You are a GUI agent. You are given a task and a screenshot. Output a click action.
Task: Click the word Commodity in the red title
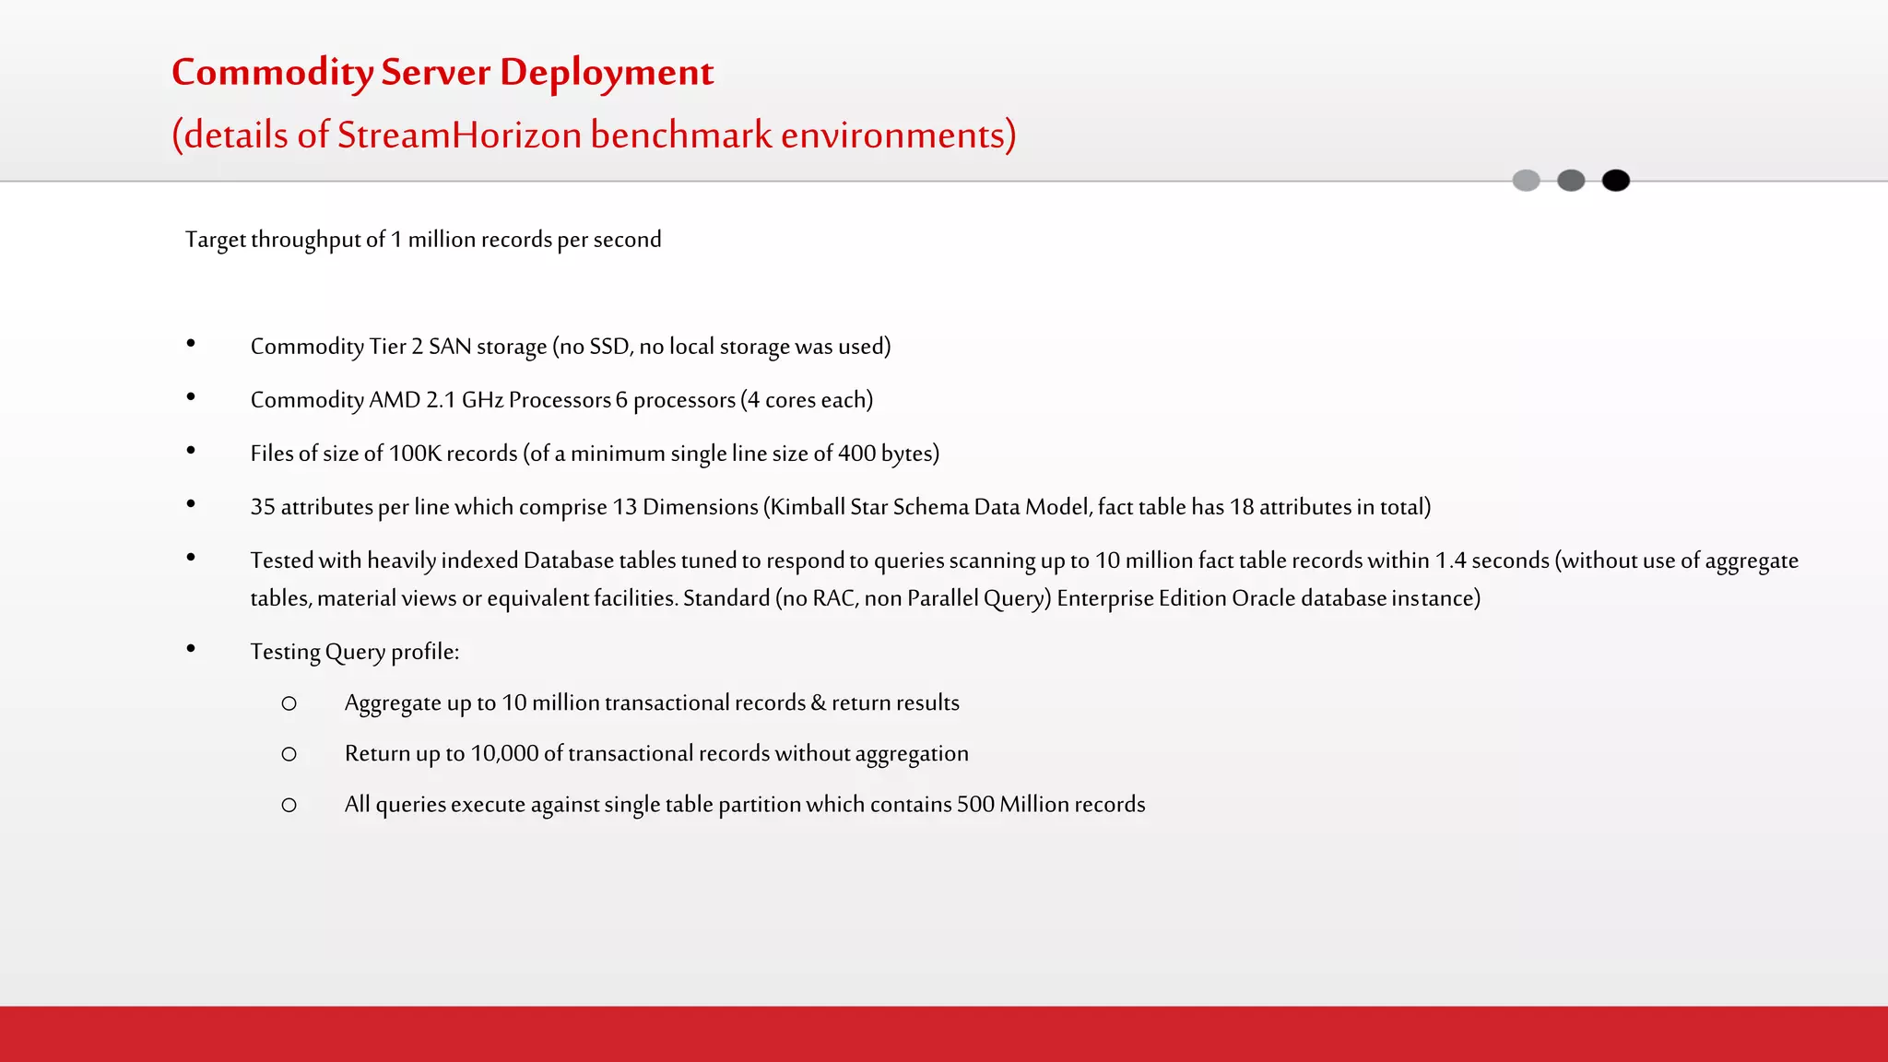coord(272,73)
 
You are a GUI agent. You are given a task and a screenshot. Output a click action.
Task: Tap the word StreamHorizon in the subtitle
coord(459,135)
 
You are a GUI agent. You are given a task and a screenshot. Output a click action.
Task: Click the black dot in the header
coord(1615,181)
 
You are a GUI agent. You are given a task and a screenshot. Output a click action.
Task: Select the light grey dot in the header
coord(1526,181)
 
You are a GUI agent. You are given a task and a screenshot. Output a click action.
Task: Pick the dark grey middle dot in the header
coord(1571,181)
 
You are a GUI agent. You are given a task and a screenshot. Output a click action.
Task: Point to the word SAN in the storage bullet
coord(450,347)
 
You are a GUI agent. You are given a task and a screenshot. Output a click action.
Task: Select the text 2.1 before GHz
coord(441,400)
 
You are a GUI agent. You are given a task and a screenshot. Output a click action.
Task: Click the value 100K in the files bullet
coord(415,454)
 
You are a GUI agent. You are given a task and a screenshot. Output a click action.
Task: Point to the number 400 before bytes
coord(856,454)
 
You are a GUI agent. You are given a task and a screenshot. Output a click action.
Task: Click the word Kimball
coord(808,507)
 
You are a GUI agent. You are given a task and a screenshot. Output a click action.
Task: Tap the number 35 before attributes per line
coord(263,507)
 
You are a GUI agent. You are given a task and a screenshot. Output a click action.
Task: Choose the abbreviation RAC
coord(833,598)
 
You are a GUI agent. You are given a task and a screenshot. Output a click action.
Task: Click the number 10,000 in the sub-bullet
coord(504,753)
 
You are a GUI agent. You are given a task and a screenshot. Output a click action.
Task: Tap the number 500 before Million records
coord(975,804)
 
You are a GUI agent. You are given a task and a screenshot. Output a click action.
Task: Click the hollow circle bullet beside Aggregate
coord(289,703)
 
